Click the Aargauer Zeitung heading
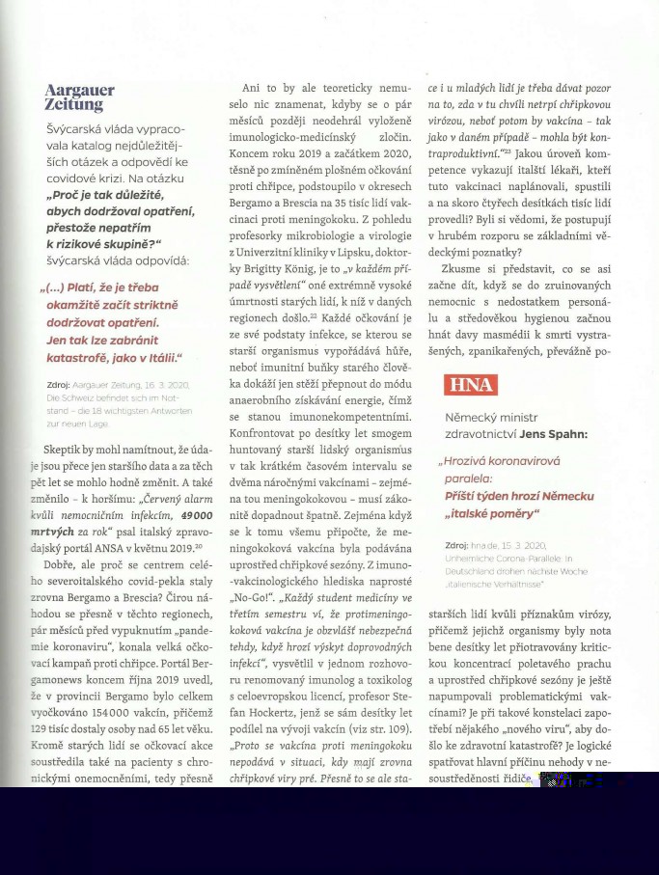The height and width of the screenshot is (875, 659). (x=80, y=97)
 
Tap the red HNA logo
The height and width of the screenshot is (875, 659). (x=471, y=385)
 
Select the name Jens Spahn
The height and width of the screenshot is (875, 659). (x=553, y=434)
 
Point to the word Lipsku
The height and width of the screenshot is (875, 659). (x=344, y=254)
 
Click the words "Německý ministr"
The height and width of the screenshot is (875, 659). (x=490, y=418)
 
